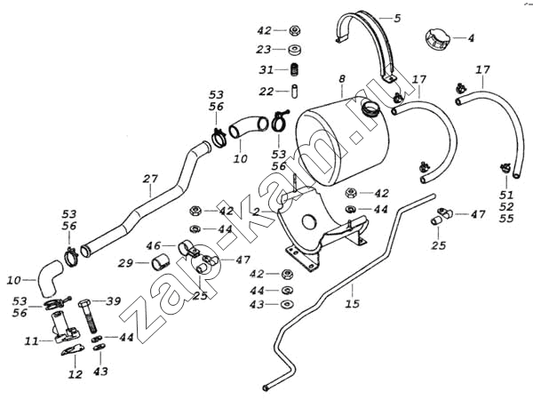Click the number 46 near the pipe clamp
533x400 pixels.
click(x=153, y=244)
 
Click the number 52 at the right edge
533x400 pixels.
click(x=505, y=205)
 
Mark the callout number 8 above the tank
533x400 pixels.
click(x=341, y=81)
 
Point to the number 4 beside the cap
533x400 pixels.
click(x=472, y=38)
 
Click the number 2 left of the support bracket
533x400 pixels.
click(x=255, y=212)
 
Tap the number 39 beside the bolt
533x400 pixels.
click(x=113, y=302)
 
